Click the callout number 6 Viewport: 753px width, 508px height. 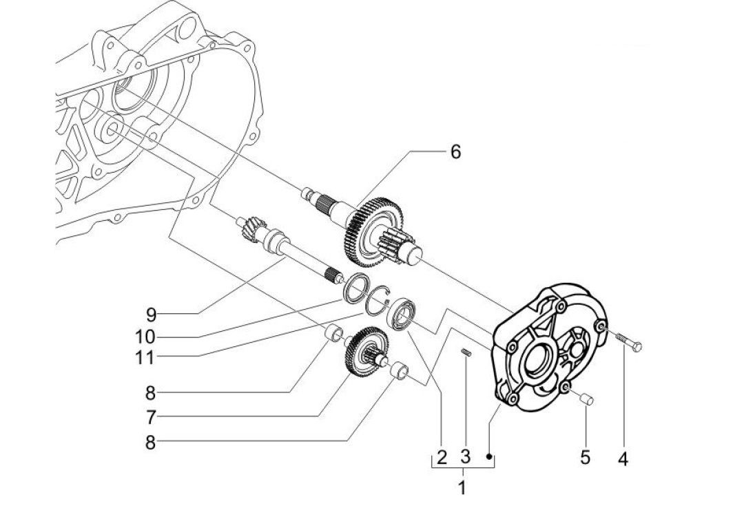pos(455,151)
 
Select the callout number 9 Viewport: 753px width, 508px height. pos(152,315)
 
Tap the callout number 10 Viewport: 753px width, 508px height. pos(145,337)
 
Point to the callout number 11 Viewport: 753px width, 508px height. pos(145,357)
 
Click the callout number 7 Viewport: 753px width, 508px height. pos(151,417)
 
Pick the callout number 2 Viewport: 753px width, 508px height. pos(442,457)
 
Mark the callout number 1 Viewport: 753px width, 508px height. pos(462,488)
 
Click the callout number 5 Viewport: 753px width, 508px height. pos(585,457)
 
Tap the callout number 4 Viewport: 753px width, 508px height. pos(623,459)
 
